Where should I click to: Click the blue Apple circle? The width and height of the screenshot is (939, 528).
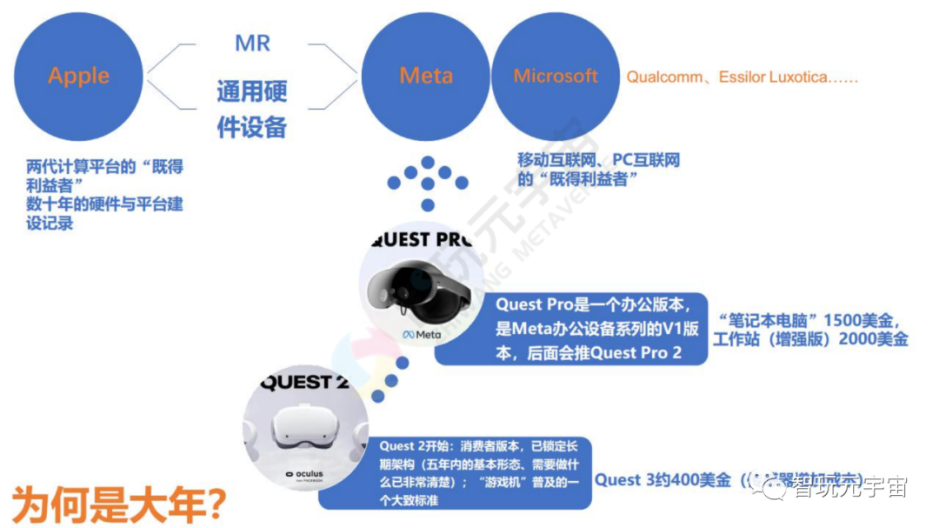(78, 76)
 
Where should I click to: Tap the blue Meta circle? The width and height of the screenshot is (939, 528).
(426, 77)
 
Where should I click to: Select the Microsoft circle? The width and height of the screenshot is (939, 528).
(556, 77)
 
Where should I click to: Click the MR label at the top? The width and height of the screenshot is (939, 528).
(252, 43)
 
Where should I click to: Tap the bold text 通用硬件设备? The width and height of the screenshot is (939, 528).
(251, 109)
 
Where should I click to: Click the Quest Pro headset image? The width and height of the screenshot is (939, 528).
(417, 288)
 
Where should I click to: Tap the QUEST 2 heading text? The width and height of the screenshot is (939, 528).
(296, 382)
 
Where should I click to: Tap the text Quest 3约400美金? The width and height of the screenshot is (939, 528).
(663, 479)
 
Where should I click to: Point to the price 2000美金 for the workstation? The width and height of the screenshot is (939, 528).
(873, 339)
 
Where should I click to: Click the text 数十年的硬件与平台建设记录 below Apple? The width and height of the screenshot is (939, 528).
(104, 213)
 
